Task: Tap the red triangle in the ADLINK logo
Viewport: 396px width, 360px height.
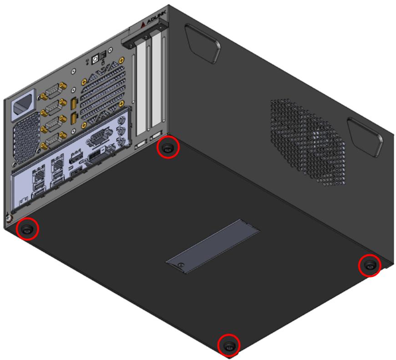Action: (x=143, y=24)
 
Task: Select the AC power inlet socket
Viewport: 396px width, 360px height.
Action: (x=23, y=105)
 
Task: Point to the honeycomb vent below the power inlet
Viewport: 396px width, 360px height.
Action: (x=26, y=138)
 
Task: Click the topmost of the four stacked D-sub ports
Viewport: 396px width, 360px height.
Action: (x=54, y=90)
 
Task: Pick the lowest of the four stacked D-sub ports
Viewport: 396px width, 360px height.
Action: (x=54, y=140)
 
